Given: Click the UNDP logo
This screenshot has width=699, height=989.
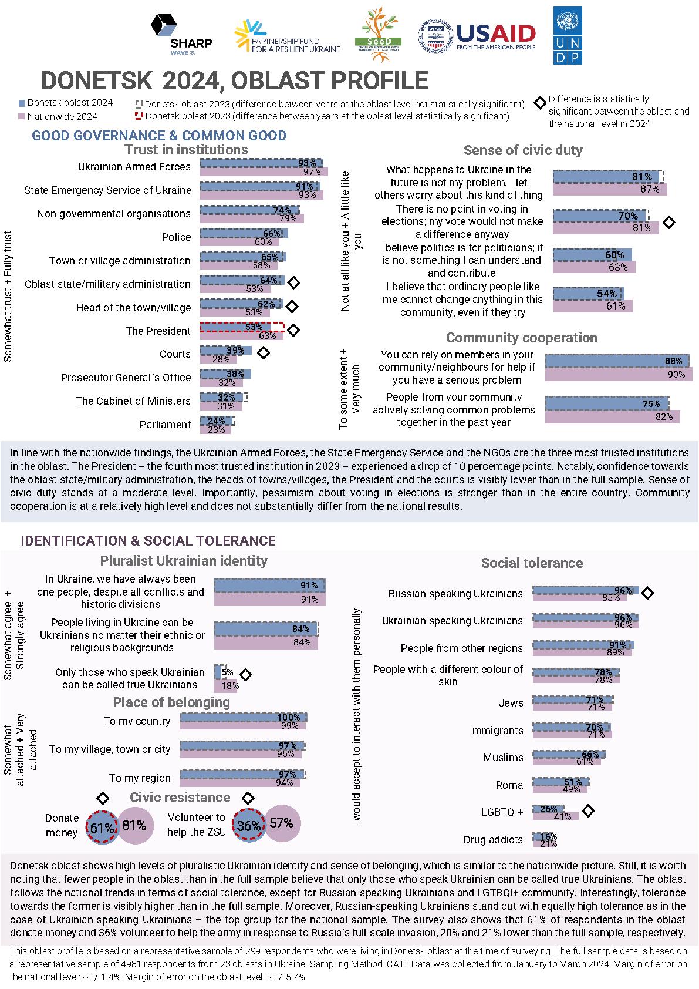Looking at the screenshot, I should [x=567, y=35].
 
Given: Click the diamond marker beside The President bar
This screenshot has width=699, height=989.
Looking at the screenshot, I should [x=293, y=330].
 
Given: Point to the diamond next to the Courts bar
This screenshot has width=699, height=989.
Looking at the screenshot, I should [x=264, y=353].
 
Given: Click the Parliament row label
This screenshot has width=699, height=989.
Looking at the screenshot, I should [x=165, y=425].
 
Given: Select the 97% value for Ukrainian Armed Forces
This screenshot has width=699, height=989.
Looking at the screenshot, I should [x=312, y=172].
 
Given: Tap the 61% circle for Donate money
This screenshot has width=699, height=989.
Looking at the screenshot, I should [x=102, y=826].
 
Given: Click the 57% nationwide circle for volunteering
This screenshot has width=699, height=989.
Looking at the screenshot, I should [x=282, y=823].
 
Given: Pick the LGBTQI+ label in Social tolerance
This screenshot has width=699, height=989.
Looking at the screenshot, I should [x=502, y=812].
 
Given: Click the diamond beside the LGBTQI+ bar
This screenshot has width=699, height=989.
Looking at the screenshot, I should [x=587, y=811].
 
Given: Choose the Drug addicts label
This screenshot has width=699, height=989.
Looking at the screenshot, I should [x=493, y=840].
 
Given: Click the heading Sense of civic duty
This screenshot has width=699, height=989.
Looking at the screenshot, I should [x=523, y=150].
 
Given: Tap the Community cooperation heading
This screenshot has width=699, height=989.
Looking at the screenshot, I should [x=521, y=338].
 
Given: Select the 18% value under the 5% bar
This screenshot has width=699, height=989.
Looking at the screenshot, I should [x=230, y=685].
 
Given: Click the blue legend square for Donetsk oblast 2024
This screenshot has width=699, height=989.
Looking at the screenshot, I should [x=22, y=103].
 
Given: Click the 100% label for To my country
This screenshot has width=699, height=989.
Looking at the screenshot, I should [x=288, y=717].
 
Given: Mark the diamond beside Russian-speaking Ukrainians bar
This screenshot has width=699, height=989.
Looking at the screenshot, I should [x=647, y=593].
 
